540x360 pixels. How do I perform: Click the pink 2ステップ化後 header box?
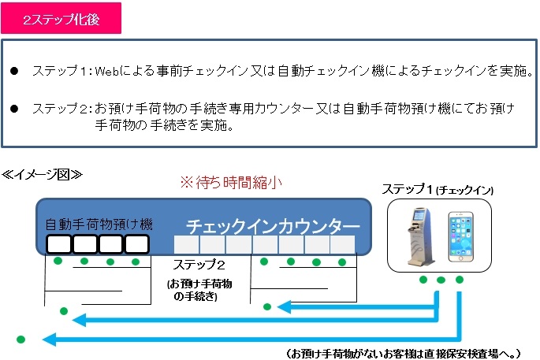tap(61, 18)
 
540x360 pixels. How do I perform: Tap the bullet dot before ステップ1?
tap(14, 71)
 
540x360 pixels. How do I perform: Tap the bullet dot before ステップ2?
tap(14, 109)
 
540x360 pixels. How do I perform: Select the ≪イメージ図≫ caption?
tap(42, 175)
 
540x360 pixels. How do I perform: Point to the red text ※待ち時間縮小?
tap(232, 183)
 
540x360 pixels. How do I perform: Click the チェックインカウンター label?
tap(273, 226)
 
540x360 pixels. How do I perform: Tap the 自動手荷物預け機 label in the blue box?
tap(99, 225)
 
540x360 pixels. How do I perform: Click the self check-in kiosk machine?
tap(420, 236)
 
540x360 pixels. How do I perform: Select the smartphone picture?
tap(461, 237)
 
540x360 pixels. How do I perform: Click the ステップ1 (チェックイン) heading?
tap(438, 189)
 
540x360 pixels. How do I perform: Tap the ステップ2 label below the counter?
tap(199, 265)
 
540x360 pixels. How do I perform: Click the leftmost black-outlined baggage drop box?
tap(58, 244)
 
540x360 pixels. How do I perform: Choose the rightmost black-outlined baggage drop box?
tap(136, 244)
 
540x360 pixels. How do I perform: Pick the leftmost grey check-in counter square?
tap(186, 245)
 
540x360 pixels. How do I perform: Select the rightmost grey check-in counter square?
tap(343, 245)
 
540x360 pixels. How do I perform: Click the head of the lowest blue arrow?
tap(49, 340)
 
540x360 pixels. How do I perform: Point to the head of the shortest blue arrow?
tap(284, 307)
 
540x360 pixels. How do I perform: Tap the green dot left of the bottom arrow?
tap(20, 340)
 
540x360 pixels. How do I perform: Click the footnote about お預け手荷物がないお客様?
tap(403, 353)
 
